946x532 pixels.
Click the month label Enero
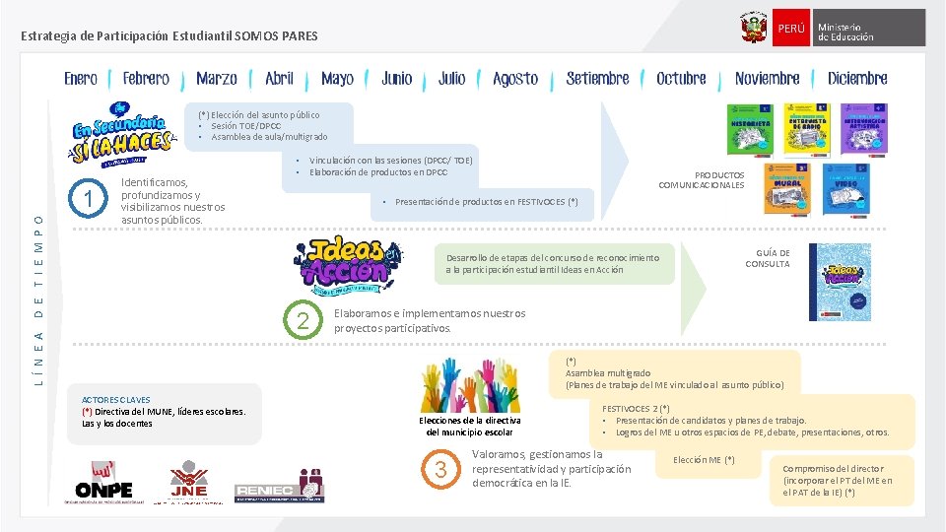[x=81, y=79]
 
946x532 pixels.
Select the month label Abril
[x=279, y=79]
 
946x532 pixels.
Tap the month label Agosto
[x=515, y=79]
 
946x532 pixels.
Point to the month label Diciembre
[x=857, y=79]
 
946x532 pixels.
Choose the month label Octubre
[x=681, y=79]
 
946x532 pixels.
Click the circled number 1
[x=90, y=200]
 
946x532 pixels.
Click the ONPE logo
[x=103, y=483]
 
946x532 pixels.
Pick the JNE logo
[x=188, y=483]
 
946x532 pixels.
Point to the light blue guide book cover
[x=833, y=282]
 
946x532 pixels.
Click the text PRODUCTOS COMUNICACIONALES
[x=701, y=180]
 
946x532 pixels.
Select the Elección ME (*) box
[x=704, y=460]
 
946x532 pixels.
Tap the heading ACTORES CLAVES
[x=109, y=399]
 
